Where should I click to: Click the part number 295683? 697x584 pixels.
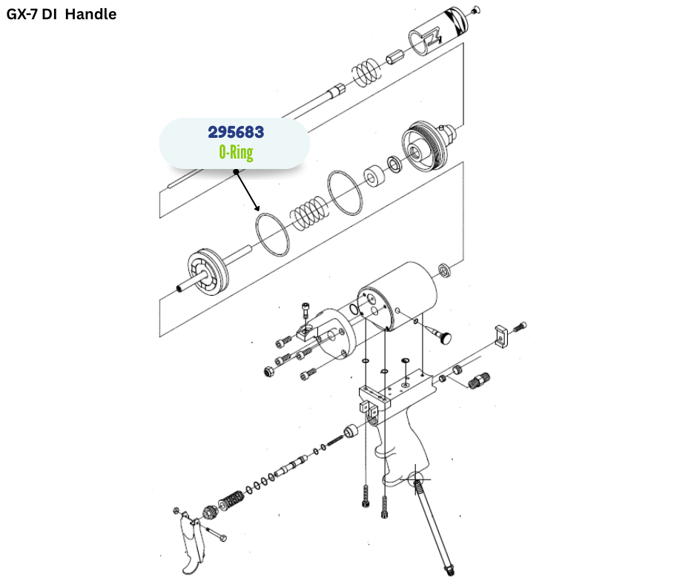click(236, 133)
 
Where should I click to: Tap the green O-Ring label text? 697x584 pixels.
click(236, 153)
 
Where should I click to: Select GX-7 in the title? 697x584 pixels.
click(25, 14)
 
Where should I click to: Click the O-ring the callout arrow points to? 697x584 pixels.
click(272, 235)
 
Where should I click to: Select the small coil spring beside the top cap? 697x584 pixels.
click(365, 72)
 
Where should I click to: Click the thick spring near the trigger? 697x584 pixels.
click(231, 499)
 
